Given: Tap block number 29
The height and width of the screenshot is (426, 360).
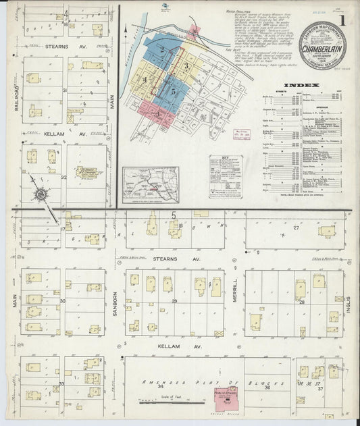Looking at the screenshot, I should point(174,300).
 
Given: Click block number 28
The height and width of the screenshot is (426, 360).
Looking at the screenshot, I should point(302,302).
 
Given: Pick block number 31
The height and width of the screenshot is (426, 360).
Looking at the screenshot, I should point(65,89).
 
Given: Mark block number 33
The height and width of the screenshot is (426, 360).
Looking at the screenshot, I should point(61,383).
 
